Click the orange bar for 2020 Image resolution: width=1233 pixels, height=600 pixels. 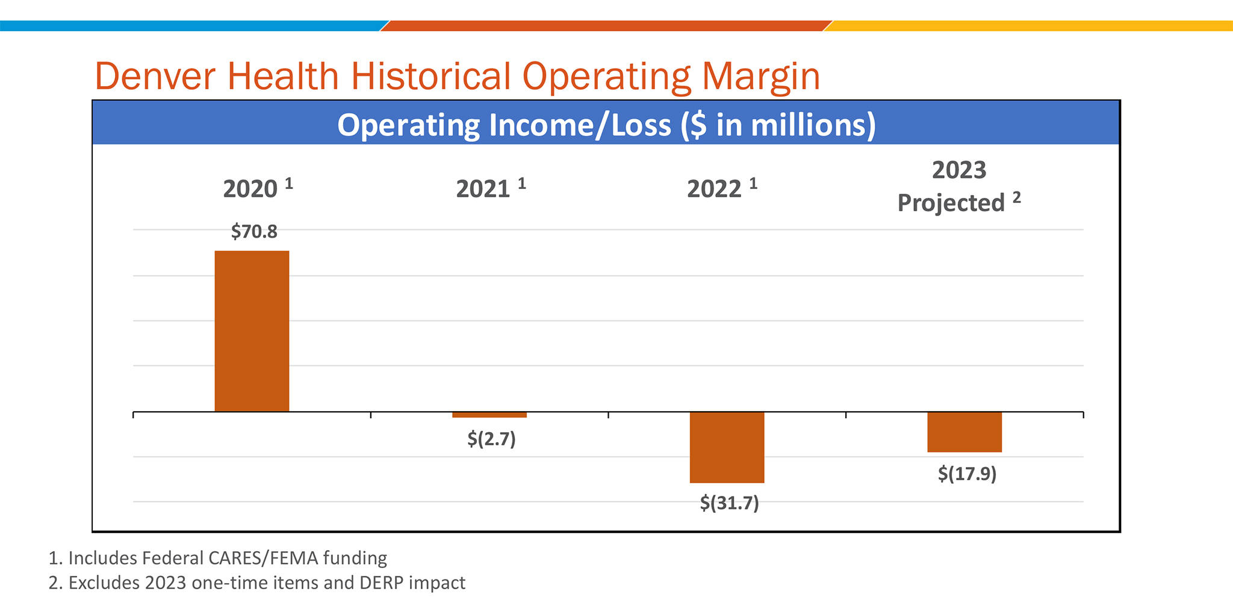click(x=252, y=331)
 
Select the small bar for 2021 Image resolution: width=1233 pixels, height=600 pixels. click(x=489, y=415)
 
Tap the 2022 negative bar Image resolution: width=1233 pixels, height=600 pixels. click(x=727, y=447)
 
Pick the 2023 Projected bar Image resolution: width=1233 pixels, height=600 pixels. click(x=964, y=432)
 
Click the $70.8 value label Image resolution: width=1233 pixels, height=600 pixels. click(x=254, y=232)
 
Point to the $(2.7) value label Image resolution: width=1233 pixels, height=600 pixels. click(x=491, y=439)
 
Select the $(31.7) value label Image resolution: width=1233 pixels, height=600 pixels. click(x=729, y=503)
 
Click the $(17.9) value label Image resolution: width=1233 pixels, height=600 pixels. click(x=967, y=474)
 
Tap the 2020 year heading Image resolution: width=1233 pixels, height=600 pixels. click(x=250, y=190)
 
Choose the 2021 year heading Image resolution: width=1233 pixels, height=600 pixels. click(x=483, y=190)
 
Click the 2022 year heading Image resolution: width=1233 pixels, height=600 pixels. click(x=714, y=190)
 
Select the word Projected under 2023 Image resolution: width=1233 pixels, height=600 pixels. click(x=951, y=203)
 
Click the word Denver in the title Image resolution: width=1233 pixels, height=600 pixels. click(x=157, y=76)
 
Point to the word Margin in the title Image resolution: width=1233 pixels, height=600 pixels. click(x=761, y=76)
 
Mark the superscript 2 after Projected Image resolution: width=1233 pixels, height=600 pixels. click(x=1017, y=197)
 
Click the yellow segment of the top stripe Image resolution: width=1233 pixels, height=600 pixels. click(x=1030, y=26)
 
